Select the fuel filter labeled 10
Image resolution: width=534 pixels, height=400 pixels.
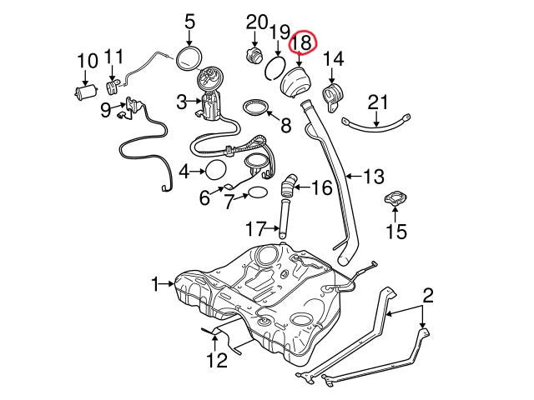[86, 92]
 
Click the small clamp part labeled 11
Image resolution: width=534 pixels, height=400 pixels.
[113, 87]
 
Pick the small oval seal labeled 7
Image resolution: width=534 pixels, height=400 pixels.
[258, 192]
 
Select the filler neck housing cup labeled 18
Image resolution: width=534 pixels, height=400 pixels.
[295, 82]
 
